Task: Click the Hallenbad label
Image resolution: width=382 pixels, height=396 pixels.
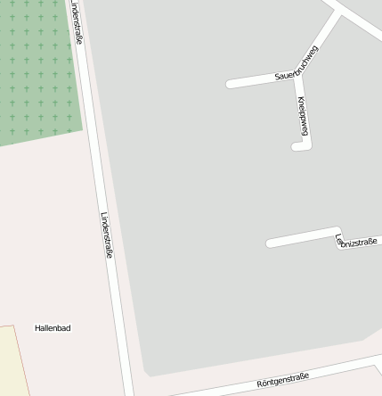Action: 53,328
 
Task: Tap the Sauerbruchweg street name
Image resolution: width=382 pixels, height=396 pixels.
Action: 297,64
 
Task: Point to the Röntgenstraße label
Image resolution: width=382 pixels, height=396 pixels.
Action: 282,380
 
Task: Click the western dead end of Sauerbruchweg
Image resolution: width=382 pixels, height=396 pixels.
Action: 230,84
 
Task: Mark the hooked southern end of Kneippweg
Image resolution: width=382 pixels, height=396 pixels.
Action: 297,145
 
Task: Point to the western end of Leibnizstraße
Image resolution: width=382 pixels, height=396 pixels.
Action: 270,242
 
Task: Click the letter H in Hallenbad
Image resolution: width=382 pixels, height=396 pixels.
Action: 37,328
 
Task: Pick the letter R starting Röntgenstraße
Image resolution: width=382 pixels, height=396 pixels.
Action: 260,384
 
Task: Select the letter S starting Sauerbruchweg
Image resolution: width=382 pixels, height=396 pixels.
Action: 278,79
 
